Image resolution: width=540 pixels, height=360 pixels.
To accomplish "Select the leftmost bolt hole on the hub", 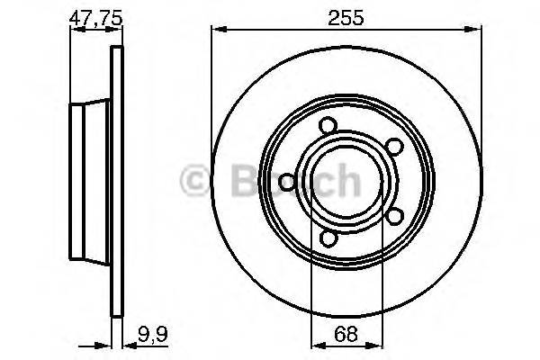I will coord(287,184).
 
